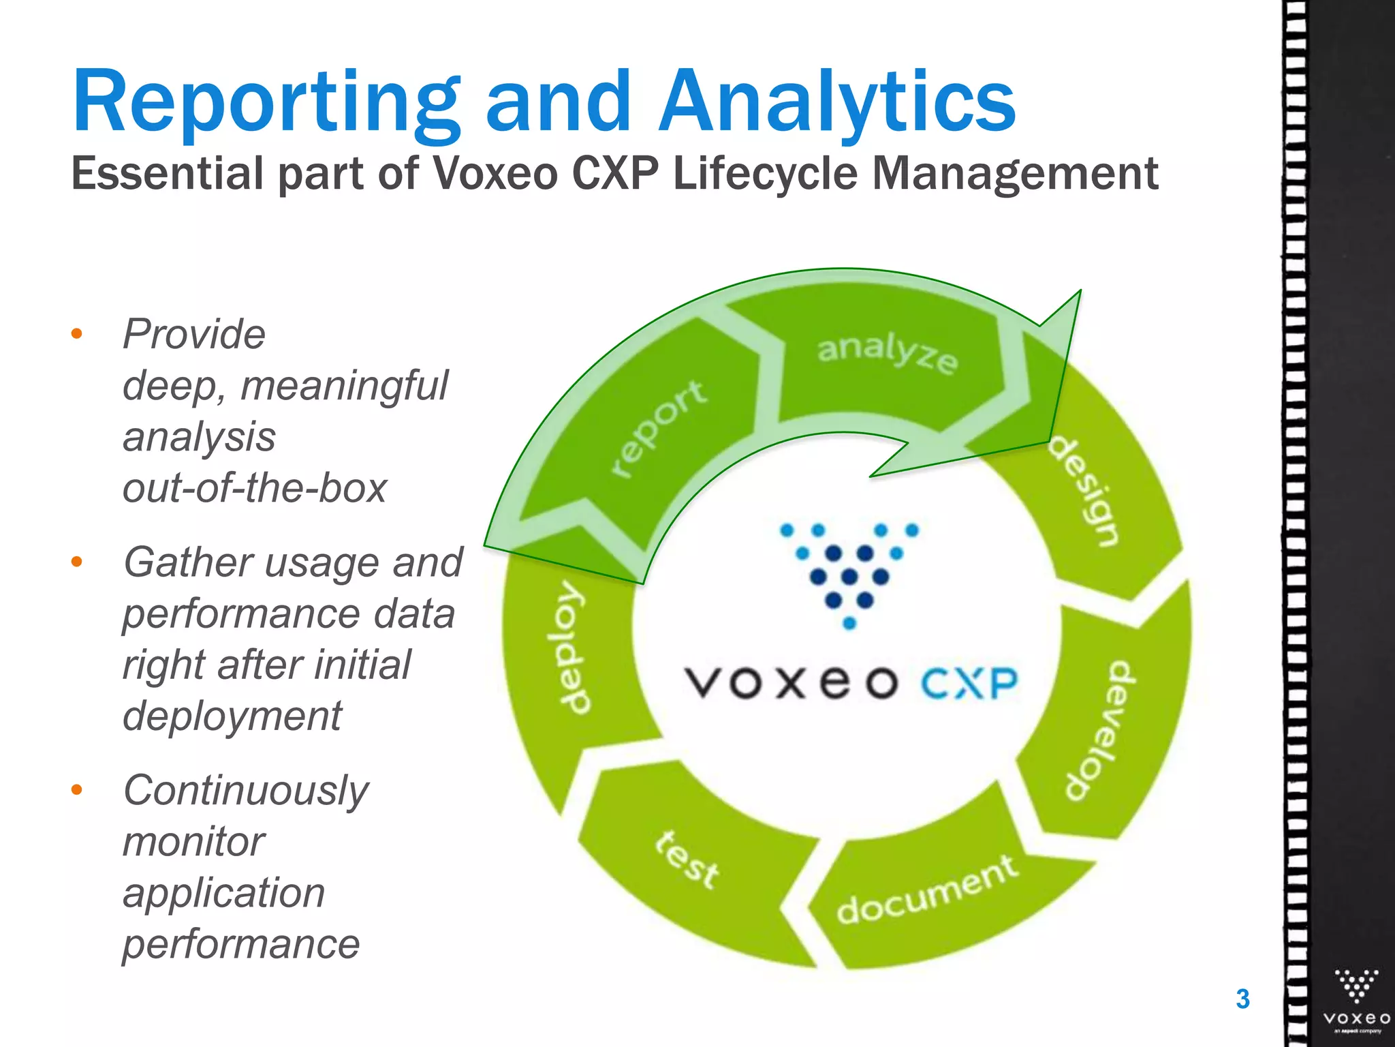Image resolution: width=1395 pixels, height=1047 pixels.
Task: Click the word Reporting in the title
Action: pyautogui.click(x=266, y=102)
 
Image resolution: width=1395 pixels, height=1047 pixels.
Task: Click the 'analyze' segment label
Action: pyautogui.click(x=887, y=353)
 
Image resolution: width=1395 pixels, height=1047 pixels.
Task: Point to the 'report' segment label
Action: pyautogui.click(x=658, y=428)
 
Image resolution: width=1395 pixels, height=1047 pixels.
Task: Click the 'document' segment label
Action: pyautogui.click(x=926, y=890)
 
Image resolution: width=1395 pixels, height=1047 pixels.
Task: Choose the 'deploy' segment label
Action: pyautogui.click(x=569, y=648)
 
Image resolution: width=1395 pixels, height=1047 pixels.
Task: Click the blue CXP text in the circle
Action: pyautogui.click(x=969, y=683)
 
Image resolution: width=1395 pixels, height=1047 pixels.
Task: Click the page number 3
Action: pyautogui.click(x=1242, y=999)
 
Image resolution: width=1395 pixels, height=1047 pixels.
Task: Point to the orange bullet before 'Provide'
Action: pyautogui.click(x=77, y=334)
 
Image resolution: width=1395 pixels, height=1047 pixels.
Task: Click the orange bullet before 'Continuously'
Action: pyautogui.click(x=77, y=790)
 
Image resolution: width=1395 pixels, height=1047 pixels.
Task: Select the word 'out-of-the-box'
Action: pyautogui.click(x=254, y=487)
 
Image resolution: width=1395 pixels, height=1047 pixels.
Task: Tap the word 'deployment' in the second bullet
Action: pyautogui.click(x=232, y=716)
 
